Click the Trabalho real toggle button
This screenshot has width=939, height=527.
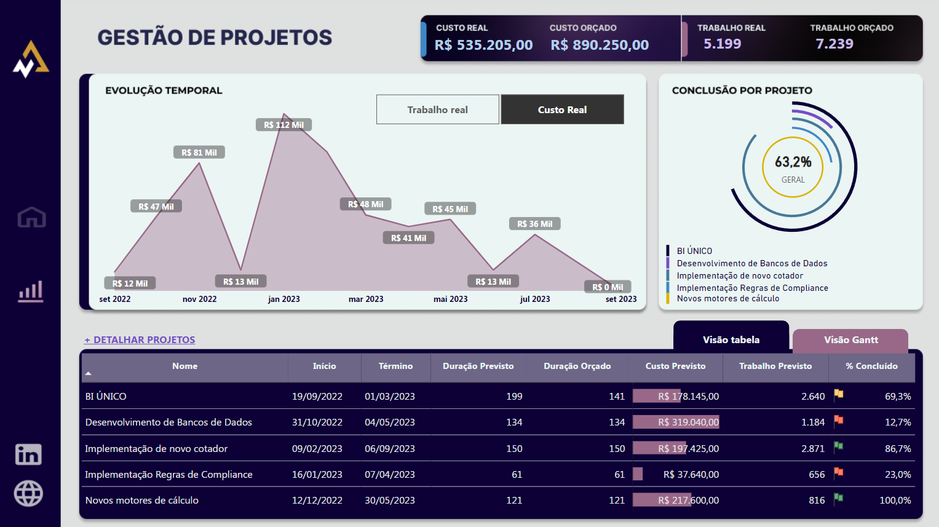pyautogui.click(x=438, y=109)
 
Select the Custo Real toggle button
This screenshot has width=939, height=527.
pyautogui.click(x=562, y=109)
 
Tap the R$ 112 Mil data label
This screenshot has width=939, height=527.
pyautogui.click(x=283, y=125)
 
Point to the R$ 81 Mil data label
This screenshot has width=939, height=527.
pyautogui.click(x=199, y=153)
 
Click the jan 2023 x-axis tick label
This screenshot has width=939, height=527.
pyautogui.click(x=284, y=299)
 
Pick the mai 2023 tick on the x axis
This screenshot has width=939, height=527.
pyautogui.click(x=450, y=299)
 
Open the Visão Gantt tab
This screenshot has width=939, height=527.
pyautogui.click(x=850, y=340)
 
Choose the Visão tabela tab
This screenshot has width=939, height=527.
pyautogui.click(x=731, y=339)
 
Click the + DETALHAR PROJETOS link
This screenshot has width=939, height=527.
pyautogui.click(x=140, y=339)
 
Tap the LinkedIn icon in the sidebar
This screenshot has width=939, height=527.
pyautogui.click(x=28, y=454)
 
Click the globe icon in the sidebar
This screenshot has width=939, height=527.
pyautogui.click(x=28, y=493)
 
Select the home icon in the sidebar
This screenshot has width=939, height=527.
pyautogui.click(x=31, y=217)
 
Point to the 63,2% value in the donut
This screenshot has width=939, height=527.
pyautogui.click(x=793, y=162)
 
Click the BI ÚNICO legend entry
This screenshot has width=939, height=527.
pyautogui.click(x=694, y=251)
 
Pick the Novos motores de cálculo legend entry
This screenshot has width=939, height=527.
pyautogui.click(x=727, y=299)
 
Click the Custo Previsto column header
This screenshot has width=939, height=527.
pyautogui.click(x=675, y=366)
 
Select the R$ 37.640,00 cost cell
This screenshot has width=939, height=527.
pyautogui.click(x=691, y=475)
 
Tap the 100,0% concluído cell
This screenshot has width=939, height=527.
pyautogui.click(x=895, y=501)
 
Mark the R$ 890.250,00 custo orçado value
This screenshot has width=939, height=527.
pyautogui.click(x=600, y=45)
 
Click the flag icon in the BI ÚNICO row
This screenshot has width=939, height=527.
pyautogui.click(x=838, y=395)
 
